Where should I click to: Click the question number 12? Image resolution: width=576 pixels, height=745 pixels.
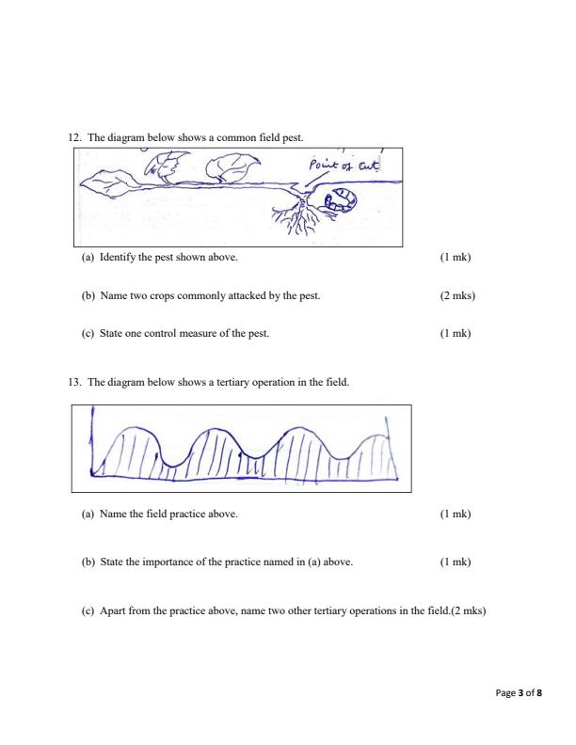pos(75,137)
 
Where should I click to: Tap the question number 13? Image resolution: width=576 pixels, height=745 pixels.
pos(75,384)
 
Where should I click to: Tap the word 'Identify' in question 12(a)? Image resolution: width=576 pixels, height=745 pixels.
pos(118,257)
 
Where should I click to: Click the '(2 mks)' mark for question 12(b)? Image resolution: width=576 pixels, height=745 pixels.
pos(457,295)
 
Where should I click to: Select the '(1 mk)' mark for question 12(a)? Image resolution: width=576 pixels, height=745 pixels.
pos(455,257)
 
